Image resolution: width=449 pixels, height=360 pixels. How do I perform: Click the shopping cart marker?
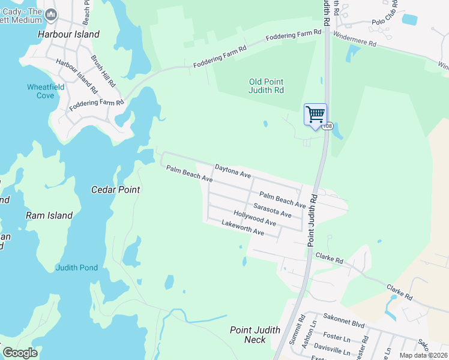click(315, 114)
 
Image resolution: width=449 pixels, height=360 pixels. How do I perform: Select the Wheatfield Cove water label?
click(41, 91)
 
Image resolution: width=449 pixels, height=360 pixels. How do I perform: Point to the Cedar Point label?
click(115, 190)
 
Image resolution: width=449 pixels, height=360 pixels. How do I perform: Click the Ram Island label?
click(49, 215)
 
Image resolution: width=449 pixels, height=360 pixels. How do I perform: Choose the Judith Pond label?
click(76, 268)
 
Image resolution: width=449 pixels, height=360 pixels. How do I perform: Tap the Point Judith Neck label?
click(255, 335)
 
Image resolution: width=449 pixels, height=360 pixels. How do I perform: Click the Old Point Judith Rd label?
click(267, 86)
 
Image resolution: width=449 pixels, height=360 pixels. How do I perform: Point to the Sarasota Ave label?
click(272, 211)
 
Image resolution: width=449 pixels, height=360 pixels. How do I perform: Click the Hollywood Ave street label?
click(255, 218)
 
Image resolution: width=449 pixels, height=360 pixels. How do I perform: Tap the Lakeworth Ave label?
click(243, 227)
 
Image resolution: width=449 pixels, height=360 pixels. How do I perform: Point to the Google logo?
click(20, 353)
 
